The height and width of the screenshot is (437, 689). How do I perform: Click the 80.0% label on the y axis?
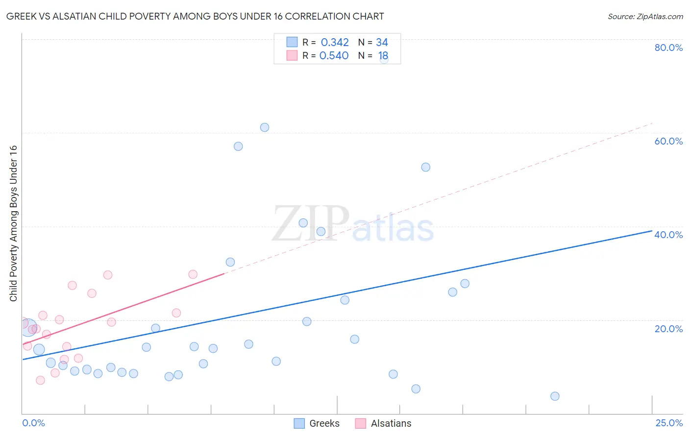(x=668, y=48)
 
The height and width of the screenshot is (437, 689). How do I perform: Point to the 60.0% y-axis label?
(x=668, y=141)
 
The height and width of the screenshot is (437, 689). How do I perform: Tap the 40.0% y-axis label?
(x=668, y=235)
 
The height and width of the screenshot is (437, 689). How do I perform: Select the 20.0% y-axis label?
(x=668, y=329)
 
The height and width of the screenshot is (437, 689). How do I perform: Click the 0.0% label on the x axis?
(x=33, y=423)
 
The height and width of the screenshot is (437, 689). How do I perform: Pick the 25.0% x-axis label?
(x=669, y=423)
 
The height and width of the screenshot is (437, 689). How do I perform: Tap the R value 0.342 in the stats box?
(x=335, y=43)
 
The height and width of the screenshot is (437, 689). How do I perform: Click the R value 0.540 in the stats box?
(x=334, y=56)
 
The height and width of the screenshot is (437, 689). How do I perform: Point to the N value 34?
(x=382, y=43)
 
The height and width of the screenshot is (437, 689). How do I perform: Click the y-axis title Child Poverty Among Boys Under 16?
(x=14, y=223)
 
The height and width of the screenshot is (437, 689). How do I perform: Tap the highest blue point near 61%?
(x=265, y=127)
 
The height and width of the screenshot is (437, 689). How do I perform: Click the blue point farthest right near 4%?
(x=555, y=396)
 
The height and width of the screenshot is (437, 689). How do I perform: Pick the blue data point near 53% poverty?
(x=426, y=167)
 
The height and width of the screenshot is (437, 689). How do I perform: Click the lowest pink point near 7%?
(x=40, y=380)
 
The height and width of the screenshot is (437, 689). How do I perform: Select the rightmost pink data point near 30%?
(x=193, y=274)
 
